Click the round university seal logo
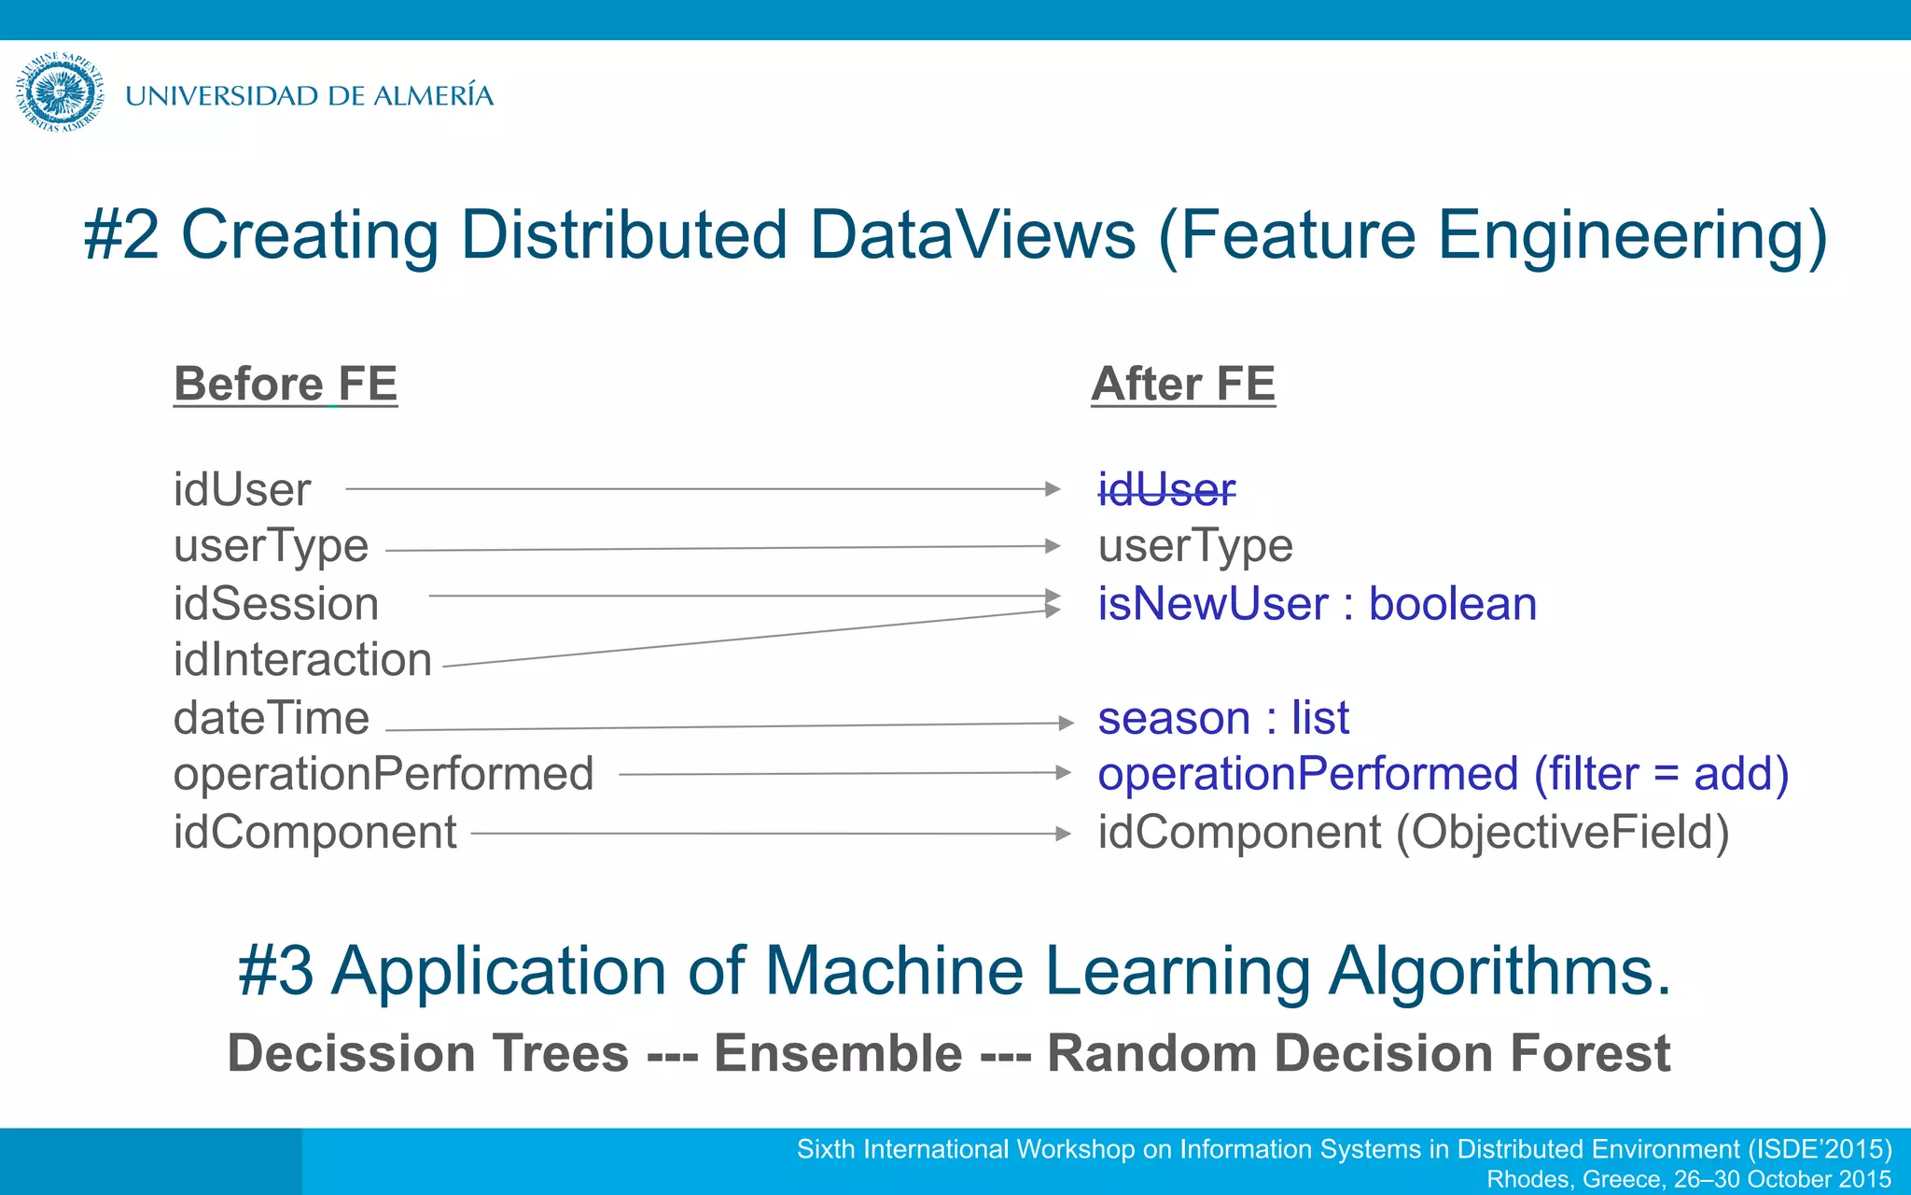60,93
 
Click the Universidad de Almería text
309,95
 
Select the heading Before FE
286,384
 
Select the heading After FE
1183,384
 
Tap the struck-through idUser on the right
1166,489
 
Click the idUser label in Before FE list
242,489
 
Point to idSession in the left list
276,603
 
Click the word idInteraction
302,659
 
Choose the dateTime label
272,718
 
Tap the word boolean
1452,603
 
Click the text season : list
1222,718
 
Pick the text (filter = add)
1662,774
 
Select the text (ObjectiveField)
1562,832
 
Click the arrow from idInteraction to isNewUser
746,639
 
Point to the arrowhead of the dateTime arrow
1066,723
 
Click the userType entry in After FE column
1195,546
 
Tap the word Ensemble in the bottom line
838,1053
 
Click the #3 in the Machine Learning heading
275,971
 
